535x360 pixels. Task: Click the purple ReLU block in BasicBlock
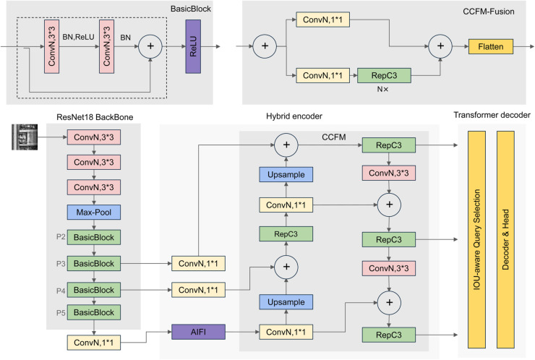[x=193, y=46]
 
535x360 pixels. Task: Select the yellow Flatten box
[x=491, y=46]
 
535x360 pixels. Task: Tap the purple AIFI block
[x=198, y=332]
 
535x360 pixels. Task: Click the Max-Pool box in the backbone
[x=94, y=213]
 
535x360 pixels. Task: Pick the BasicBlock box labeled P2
[x=94, y=237]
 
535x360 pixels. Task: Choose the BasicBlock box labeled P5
[x=94, y=312]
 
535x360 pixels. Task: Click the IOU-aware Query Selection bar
[x=476, y=239]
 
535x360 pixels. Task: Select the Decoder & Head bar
[x=505, y=239]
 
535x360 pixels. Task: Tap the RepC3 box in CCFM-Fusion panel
[x=384, y=75]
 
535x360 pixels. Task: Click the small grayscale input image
[x=25, y=137]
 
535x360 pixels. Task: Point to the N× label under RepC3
[x=382, y=89]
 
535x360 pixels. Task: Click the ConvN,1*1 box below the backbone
[x=94, y=343]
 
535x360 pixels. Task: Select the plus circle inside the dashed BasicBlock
[x=150, y=46]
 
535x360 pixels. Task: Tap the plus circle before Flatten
[x=440, y=46]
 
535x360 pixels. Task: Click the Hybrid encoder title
[x=294, y=116]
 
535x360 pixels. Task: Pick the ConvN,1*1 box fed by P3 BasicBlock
[x=198, y=263]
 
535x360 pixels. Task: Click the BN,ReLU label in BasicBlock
[x=78, y=37]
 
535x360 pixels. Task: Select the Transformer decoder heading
[x=492, y=115]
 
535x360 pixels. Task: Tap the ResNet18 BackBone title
[x=95, y=117]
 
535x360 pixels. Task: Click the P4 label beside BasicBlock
[x=61, y=291]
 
